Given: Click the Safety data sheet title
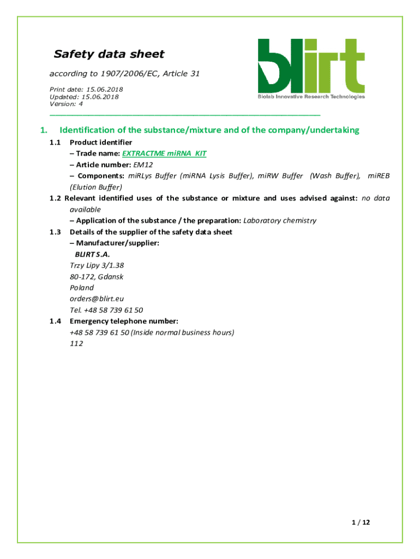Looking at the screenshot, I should tap(109, 54).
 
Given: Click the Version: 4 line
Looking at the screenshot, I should tap(66, 104).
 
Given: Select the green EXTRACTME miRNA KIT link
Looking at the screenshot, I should tap(164, 153).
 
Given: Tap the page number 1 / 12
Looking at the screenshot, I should tap(361, 522).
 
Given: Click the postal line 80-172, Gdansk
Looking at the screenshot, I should tap(96, 276).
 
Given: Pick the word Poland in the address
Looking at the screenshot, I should tap(82, 288).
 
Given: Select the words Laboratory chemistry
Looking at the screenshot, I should tap(279, 221).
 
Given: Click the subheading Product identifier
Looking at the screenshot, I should tap(101, 142).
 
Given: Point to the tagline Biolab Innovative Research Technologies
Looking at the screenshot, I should tap(311, 97).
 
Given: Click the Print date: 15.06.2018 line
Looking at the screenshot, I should tap(86, 90).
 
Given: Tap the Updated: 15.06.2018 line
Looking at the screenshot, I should tap(84, 97).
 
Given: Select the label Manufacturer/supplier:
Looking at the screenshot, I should tap(115, 243).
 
